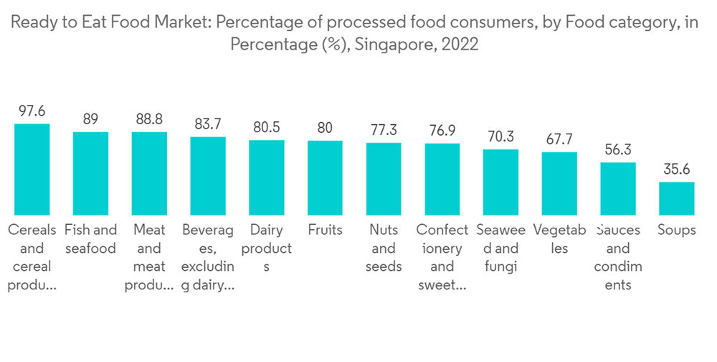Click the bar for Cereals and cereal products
pyautogui.click(x=32, y=170)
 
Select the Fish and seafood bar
pyautogui.click(x=90, y=173)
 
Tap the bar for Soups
pyautogui.click(x=677, y=198)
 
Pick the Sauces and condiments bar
pyautogui.click(x=618, y=188)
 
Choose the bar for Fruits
pyautogui.click(x=325, y=177)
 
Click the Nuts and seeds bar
pyautogui.click(x=384, y=179)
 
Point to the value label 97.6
pyautogui.click(x=32, y=111)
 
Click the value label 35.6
pyautogui.click(x=677, y=170)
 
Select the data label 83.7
pyautogui.click(x=208, y=124)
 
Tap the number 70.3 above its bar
pyautogui.click(x=500, y=137)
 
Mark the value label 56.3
pyautogui.click(x=618, y=150)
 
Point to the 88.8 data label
pyautogui.click(x=149, y=119)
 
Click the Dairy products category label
pyautogui.click(x=266, y=248)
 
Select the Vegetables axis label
pyautogui.click(x=560, y=239)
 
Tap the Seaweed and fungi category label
pyautogui.click(x=500, y=248)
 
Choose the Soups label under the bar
pyautogui.click(x=677, y=231)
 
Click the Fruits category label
pyautogui.click(x=325, y=231)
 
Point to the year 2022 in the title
pyautogui.click(x=459, y=45)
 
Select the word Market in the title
pyautogui.click(x=178, y=23)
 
